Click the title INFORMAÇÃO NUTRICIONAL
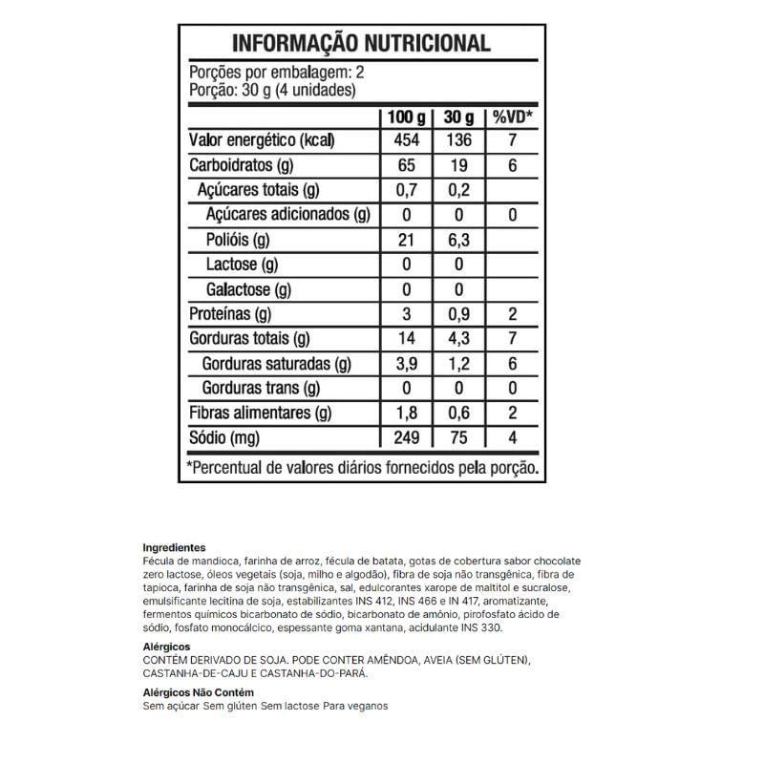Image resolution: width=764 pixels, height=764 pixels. coord(361,43)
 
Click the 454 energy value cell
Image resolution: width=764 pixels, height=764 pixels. coord(406,140)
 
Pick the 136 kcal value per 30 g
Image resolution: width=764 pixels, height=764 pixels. coord(458,140)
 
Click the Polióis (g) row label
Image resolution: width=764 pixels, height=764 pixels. coord(239,240)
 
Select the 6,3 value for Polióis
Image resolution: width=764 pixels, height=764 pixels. coord(458,240)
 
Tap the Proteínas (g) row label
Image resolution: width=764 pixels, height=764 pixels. coord(231,314)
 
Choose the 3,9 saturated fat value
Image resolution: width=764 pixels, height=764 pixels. coord(406,364)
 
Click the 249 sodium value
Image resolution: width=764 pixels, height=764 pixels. coord(406,438)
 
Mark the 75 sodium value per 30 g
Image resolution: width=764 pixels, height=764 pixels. coord(458,438)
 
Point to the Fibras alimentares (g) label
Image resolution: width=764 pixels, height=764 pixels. coord(261,414)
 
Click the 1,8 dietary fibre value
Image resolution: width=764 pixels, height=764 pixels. coord(406,414)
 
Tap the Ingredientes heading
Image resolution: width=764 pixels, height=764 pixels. coord(167,547)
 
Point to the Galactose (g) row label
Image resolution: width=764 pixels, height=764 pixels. coord(248,289)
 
